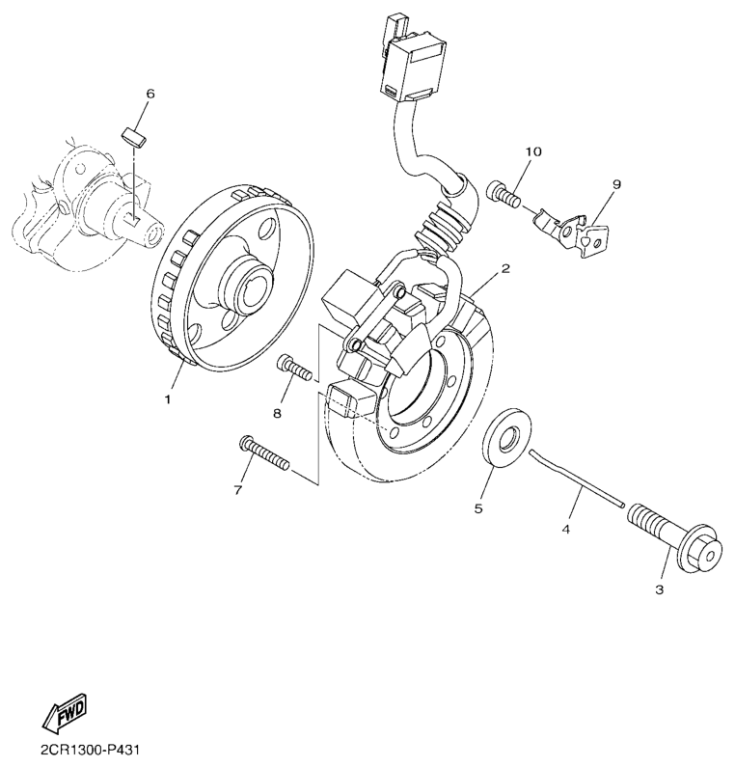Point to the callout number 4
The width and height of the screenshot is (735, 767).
coord(566,530)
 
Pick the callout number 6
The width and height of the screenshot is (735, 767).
coord(150,94)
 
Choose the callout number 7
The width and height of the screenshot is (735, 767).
coord(237,490)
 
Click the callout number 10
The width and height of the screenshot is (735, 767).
coord(533,152)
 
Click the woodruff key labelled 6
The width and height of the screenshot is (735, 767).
coord(135,135)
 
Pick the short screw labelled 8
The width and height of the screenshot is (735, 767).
coord(293,368)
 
